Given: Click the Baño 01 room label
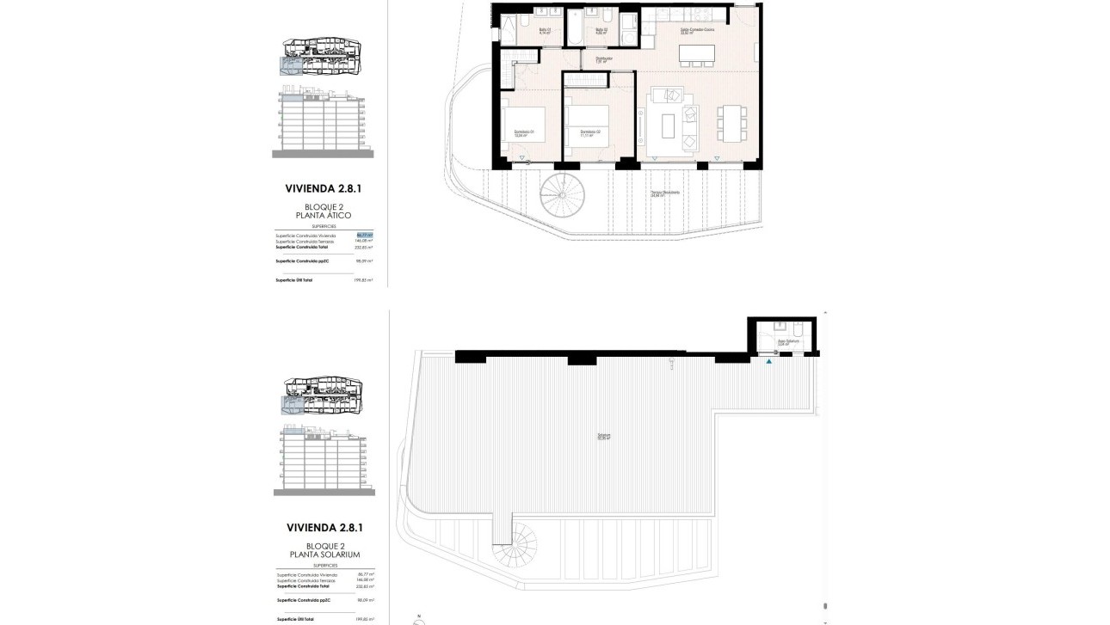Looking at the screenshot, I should click(x=544, y=30).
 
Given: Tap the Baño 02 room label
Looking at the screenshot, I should click(x=601, y=30).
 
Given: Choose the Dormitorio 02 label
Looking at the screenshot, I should click(x=589, y=132).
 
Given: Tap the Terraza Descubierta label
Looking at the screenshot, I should click(x=665, y=193).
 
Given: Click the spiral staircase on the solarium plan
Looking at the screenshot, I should click(x=514, y=542).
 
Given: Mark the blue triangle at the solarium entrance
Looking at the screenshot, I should click(x=769, y=363).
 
